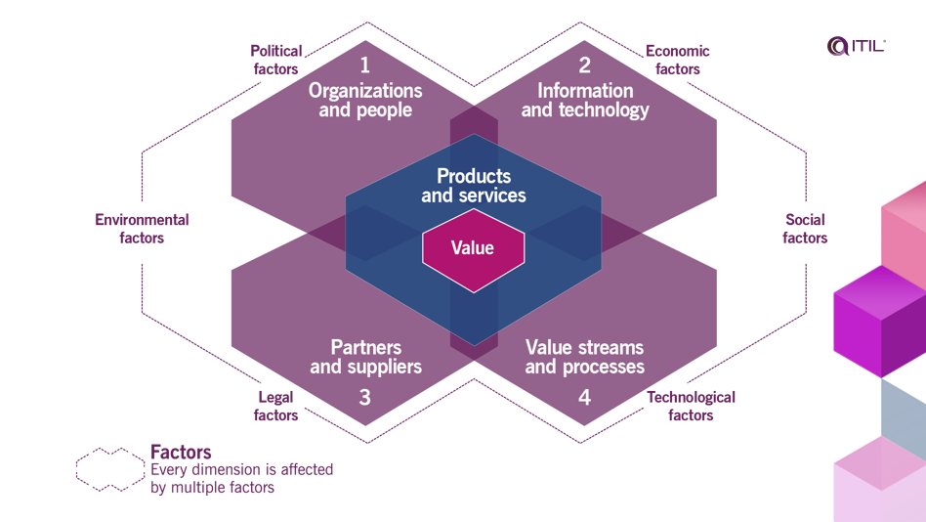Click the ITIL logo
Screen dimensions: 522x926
click(x=856, y=45)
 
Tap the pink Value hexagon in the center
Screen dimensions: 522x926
click(x=473, y=248)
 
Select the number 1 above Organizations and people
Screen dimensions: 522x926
click(x=365, y=66)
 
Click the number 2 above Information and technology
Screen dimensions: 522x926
click(x=584, y=66)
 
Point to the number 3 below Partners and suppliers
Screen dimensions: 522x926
click(x=365, y=398)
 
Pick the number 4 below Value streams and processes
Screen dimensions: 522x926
click(x=584, y=398)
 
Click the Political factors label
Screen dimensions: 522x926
click(x=275, y=60)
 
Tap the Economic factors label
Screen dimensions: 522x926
click(x=677, y=60)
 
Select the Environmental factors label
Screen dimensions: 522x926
click(x=142, y=229)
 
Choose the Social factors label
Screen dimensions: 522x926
click(x=805, y=229)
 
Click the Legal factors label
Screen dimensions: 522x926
click(x=275, y=406)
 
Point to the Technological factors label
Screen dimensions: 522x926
click(x=691, y=406)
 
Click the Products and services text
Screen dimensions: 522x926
click(x=474, y=186)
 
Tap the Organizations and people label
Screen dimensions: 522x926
click(x=365, y=100)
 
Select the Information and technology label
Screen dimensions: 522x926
click(x=585, y=100)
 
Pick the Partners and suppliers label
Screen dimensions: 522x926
click(x=365, y=357)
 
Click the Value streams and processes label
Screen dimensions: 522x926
click(x=584, y=357)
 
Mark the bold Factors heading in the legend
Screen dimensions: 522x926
click(x=181, y=452)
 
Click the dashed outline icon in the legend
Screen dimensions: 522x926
click(x=109, y=469)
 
